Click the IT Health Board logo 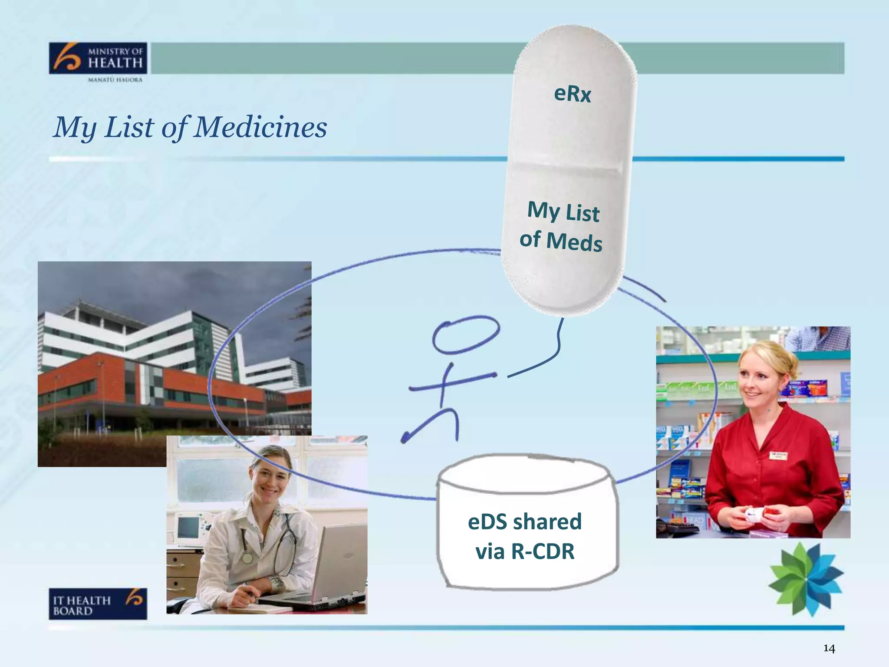click(x=98, y=604)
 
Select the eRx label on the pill click(x=573, y=94)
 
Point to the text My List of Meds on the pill click(x=562, y=226)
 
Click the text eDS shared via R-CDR click(x=525, y=536)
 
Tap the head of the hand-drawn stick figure click(x=466, y=335)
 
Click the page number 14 click(x=829, y=649)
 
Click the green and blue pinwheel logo click(x=806, y=579)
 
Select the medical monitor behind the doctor click(x=189, y=528)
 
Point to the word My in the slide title click(x=74, y=128)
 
